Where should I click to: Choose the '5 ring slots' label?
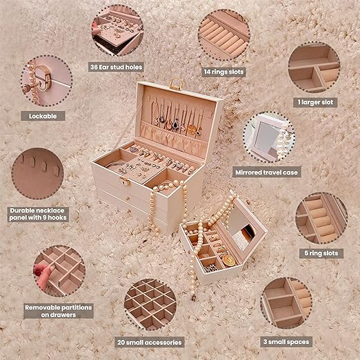(x=321, y=253)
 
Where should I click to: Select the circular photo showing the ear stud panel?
(x=117, y=31)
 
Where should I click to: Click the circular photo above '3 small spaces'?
(x=287, y=303)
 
